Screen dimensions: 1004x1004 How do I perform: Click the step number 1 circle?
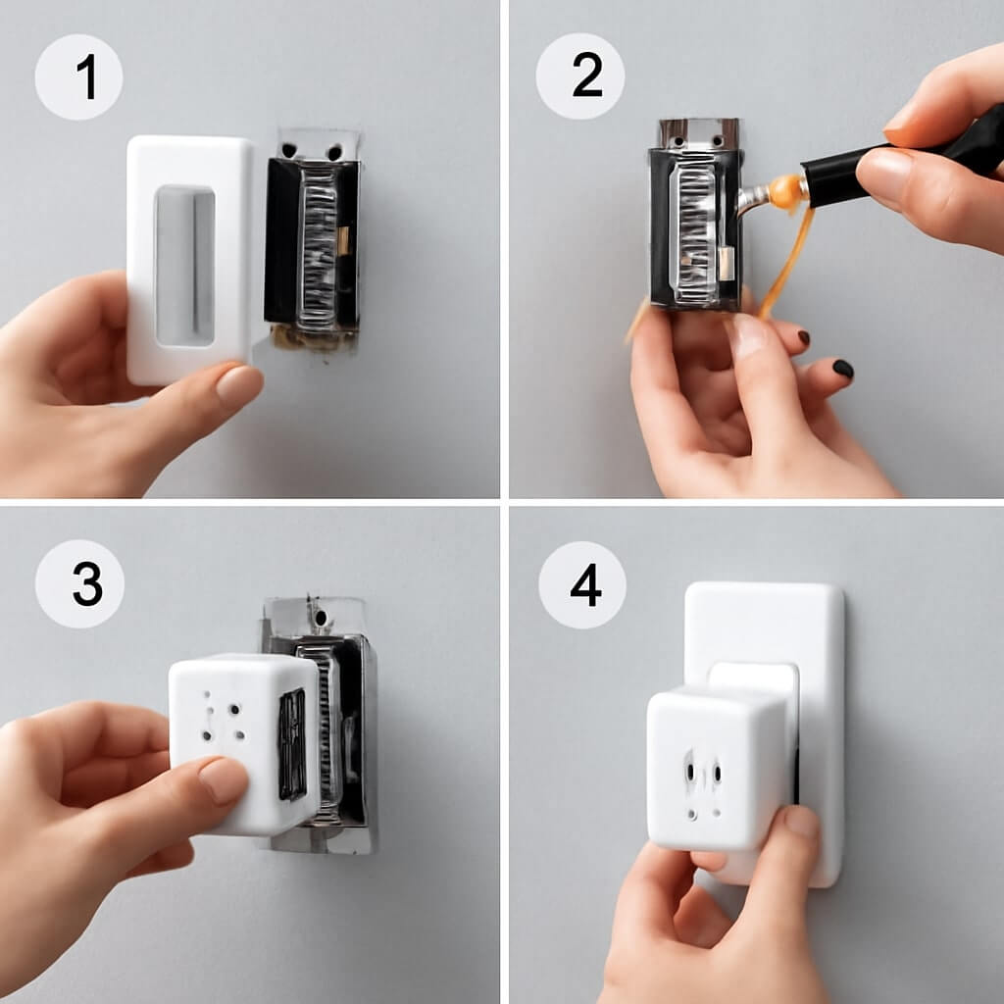click(x=78, y=77)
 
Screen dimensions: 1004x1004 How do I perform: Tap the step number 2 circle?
click(x=580, y=76)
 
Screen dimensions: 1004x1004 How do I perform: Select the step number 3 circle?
click(x=79, y=583)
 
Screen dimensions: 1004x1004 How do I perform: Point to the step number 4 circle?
click(x=582, y=585)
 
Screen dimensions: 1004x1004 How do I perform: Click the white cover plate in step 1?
click(x=190, y=259)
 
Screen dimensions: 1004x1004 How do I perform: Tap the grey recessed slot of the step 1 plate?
click(x=185, y=267)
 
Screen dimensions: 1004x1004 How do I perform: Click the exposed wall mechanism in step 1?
click(x=313, y=240)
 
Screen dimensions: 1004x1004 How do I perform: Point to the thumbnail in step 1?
click(x=237, y=386)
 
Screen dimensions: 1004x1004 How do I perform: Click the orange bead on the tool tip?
click(x=784, y=191)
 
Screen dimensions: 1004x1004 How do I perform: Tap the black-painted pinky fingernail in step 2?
click(x=842, y=369)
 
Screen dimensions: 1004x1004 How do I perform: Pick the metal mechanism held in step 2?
click(x=697, y=215)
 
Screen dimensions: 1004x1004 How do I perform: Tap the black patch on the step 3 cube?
click(x=292, y=745)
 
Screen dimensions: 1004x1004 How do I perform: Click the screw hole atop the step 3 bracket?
click(x=320, y=618)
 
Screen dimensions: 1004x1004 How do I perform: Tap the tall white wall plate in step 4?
click(x=765, y=733)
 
